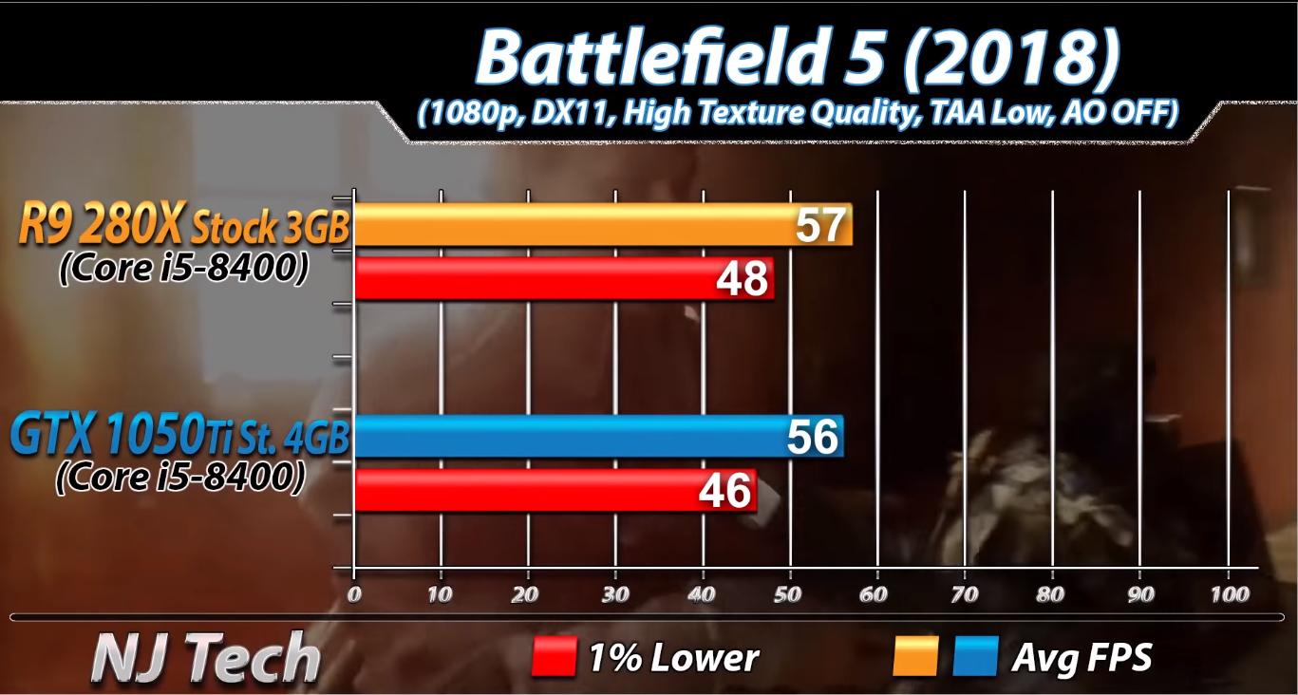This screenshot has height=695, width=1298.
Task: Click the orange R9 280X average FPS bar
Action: point(570,226)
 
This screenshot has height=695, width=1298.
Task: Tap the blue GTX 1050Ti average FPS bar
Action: point(570,437)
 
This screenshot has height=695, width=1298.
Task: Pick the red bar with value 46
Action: point(532,491)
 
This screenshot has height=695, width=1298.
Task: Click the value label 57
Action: point(819,226)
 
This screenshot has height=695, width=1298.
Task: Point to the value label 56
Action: point(813,437)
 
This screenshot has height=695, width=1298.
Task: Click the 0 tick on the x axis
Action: point(354,594)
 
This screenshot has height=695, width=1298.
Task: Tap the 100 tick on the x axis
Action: point(1230,594)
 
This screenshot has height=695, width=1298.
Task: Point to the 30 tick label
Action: point(615,594)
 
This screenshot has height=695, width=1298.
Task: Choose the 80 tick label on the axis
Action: point(1051,594)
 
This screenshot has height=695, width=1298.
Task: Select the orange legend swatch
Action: point(915,657)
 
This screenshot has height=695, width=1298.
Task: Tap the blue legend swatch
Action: point(975,657)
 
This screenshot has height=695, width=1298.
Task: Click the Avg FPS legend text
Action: point(1082,657)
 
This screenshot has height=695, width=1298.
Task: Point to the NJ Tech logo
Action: point(205,657)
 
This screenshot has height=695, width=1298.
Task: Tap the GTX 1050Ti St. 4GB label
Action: point(180,438)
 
